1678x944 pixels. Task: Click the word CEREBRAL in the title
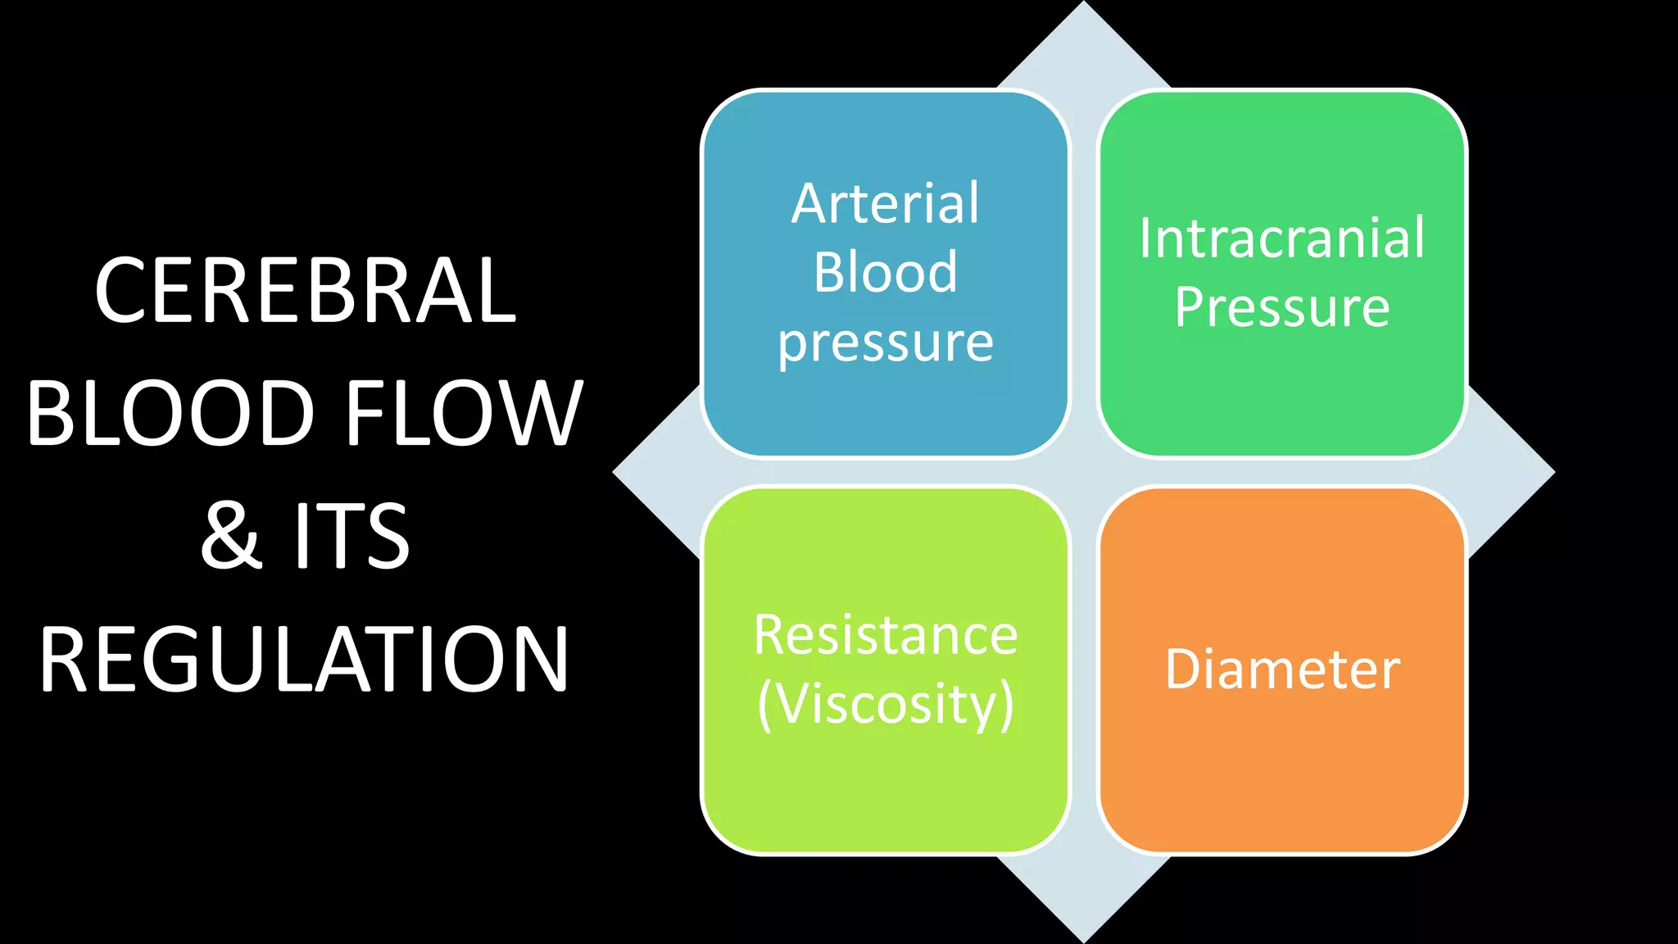point(305,290)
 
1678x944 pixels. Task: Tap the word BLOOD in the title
point(170,413)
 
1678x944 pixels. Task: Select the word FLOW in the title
point(464,413)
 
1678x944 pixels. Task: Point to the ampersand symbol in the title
point(232,536)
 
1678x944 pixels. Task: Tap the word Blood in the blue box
point(886,272)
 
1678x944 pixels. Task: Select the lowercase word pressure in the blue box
point(886,343)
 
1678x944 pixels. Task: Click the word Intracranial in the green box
point(1282,238)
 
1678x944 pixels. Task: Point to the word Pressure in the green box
point(1282,307)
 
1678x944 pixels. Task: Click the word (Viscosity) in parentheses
point(886,704)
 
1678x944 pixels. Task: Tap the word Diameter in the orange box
point(1282,669)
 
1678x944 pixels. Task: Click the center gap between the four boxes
point(1084,473)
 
